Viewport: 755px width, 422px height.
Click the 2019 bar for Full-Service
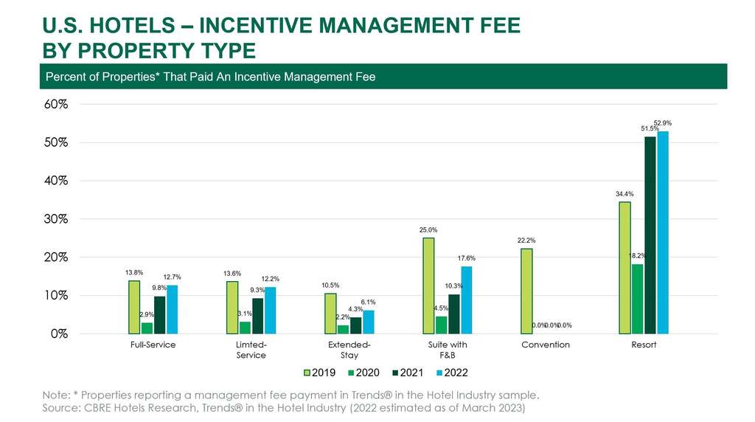[134, 307]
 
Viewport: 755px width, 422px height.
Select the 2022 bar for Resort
[662, 232]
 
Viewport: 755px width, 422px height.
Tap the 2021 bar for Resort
[650, 235]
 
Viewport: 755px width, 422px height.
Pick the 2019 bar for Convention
[526, 291]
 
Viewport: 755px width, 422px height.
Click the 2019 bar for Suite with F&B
[428, 286]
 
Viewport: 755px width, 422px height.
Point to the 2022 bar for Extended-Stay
[368, 322]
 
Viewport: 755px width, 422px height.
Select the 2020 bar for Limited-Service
[245, 328]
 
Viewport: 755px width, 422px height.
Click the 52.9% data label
[663, 122]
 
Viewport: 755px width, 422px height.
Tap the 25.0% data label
[428, 229]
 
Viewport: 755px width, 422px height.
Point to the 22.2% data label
[526, 241]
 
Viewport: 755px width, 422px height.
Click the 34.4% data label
[624, 193]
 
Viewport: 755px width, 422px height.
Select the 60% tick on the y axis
[57, 104]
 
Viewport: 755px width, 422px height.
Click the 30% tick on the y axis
[57, 219]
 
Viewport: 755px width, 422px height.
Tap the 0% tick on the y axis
[60, 333]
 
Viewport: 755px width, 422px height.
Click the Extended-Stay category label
[349, 350]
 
